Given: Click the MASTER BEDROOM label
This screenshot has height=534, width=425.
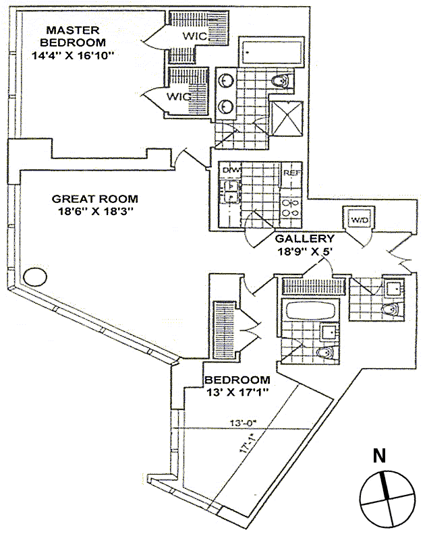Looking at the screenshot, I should pos(73,36).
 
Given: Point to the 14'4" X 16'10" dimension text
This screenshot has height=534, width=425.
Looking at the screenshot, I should pos(74,56).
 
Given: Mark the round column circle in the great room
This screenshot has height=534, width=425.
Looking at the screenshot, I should pos(34,276).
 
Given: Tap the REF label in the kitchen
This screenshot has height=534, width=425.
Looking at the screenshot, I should pos(291,173).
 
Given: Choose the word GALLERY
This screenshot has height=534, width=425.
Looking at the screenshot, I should pos(305,239).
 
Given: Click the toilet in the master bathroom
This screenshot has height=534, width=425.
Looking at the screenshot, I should pos(280,82).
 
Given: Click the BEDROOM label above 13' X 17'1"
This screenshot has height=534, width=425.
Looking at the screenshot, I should pos(237,380).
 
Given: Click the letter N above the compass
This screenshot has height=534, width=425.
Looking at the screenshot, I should pos(380,455).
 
